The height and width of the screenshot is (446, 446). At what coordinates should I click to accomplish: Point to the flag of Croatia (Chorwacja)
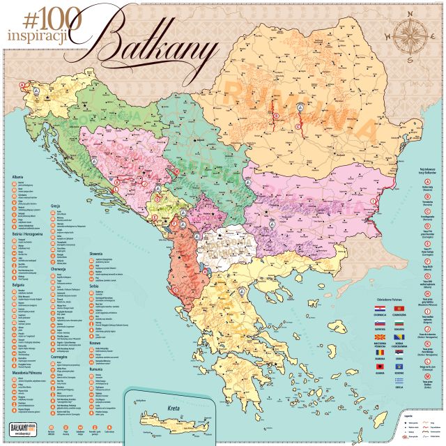(380, 308)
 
